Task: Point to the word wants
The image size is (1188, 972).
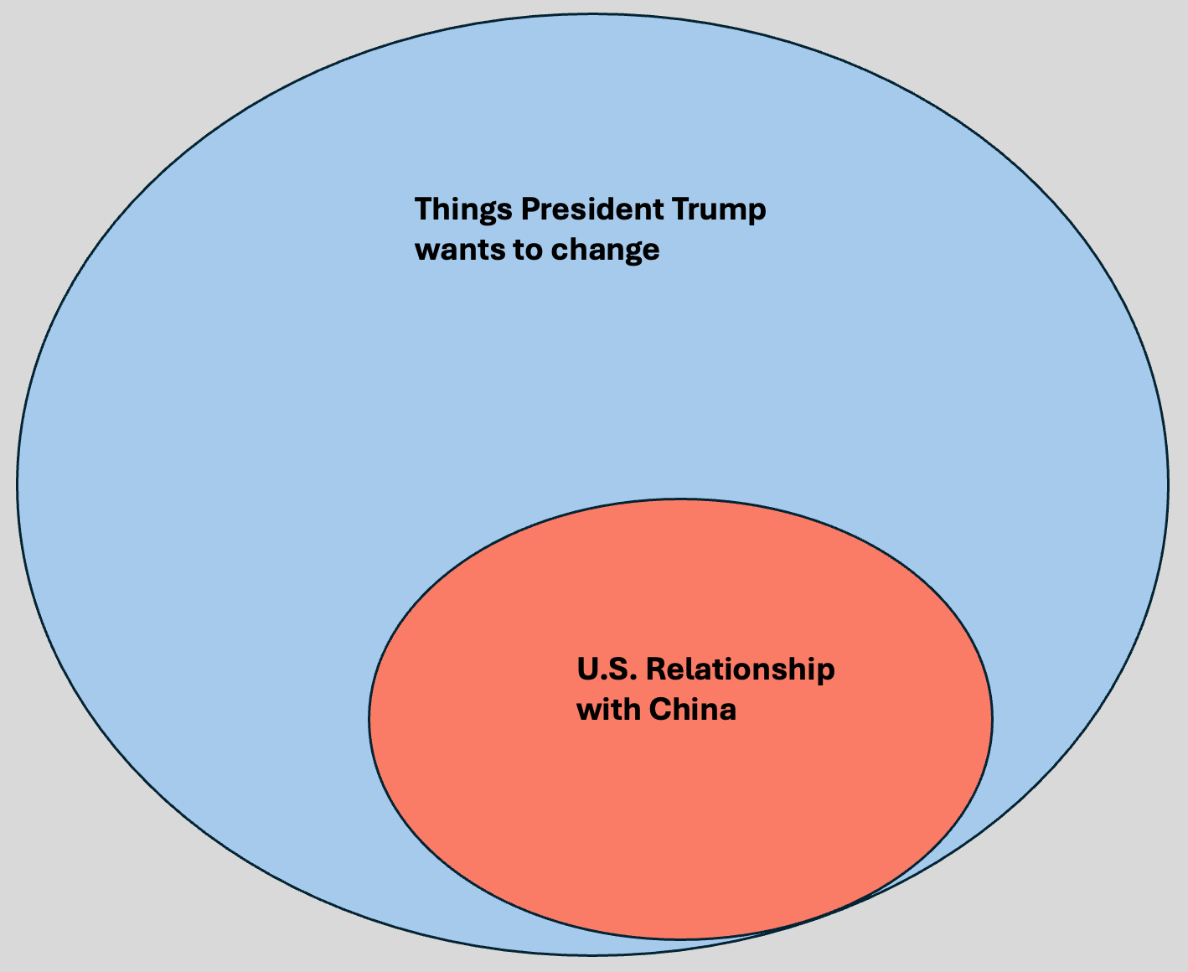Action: point(452,250)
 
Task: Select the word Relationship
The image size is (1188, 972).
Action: point(741,670)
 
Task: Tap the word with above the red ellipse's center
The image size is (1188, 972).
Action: point(608,710)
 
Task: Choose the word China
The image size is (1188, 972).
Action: point(693,710)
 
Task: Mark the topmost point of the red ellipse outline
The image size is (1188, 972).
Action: point(680,499)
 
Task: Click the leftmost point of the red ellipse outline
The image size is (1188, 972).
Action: point(369,718)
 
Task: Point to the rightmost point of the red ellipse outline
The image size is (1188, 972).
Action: point(993,718)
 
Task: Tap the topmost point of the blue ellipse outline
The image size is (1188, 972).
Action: point(592,13)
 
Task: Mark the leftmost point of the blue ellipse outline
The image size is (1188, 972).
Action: point(18,483)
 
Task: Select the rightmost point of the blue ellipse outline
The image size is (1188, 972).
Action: point(1168,483)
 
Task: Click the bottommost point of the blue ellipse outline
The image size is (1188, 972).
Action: point(592,954)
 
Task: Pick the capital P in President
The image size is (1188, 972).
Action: point(530,209)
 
